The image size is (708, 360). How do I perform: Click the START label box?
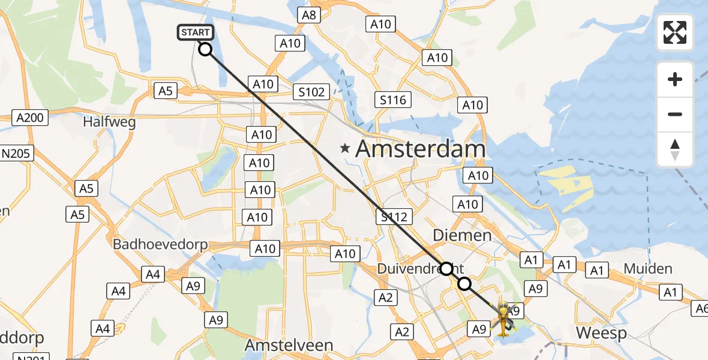pyautogui.click(x=195, y=32)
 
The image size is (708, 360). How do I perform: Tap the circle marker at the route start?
pyautogui.click(x=205, y=49)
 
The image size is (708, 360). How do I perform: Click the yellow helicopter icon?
pyautogui.click(x=503, y=318)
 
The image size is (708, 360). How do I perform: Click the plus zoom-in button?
pyautogui.click(x=675, y=79)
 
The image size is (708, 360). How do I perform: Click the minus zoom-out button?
pyautogui.click(x=675, y=114)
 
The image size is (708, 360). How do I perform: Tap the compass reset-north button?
pyautogui.click(x=675, y=149)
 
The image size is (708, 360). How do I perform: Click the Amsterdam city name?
pyautogui.click(x=420, y=149)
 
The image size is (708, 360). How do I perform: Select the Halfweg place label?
pyautogui.click(x=109, y=122)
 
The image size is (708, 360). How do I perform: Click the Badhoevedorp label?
pyautogui.click(x=160, y=244)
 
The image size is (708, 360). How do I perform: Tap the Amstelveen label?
pyautogui.click(x=289, y=346)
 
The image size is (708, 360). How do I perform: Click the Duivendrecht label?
pyautogui.click(x=414, y=268)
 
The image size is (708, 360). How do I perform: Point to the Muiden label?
pyautogui.click(x=648, y=268)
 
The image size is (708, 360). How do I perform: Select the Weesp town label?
pyautogui.click(x=601, y=333)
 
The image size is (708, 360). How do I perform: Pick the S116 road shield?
pyautogui.click(x=393, y=100)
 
